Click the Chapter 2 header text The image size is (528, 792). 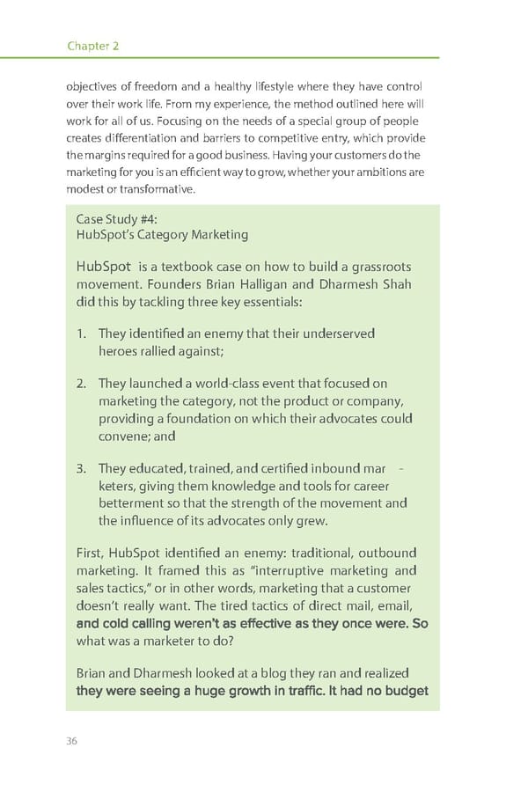[92, 46]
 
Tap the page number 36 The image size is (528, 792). [72, 740]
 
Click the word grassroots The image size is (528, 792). [380, 266]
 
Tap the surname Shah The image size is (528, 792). [393, 283]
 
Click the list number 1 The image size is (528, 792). [81, 334]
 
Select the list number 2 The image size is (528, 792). [81, 384]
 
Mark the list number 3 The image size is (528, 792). [81, 469]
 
